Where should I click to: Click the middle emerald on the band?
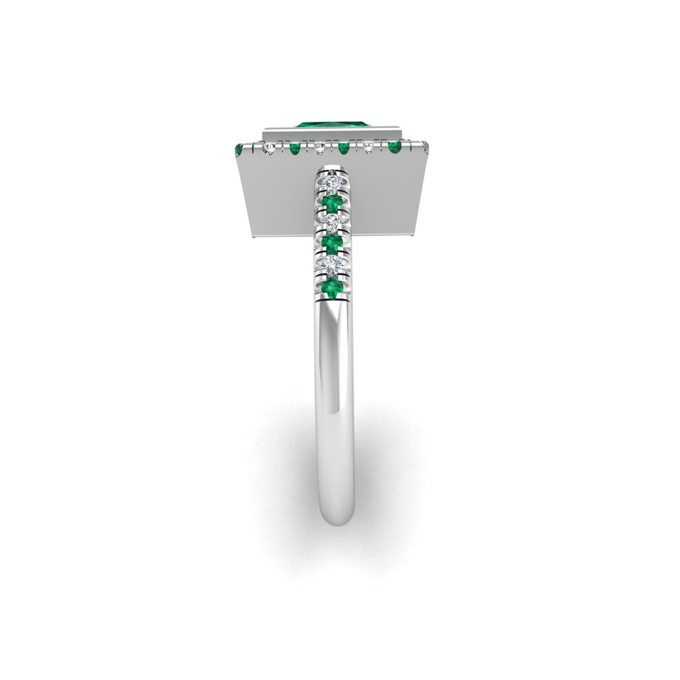pyautogui.click(x=332, y=243)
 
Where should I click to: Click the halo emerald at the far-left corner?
pyautogui.click(x=240, y=149)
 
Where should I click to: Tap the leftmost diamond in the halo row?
pyautogui.click(x=269, y=149)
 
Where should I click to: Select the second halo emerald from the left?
pyautogui.click(x=295, y=148)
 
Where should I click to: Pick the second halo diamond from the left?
pyautogui.click(x=320, y=147)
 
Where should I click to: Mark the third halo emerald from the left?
pyautogui.click(x=344, y=147)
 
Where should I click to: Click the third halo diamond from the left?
pyautogui.click(x=369, y=147)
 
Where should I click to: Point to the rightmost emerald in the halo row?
pyautogui.click(x=394, y=146)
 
